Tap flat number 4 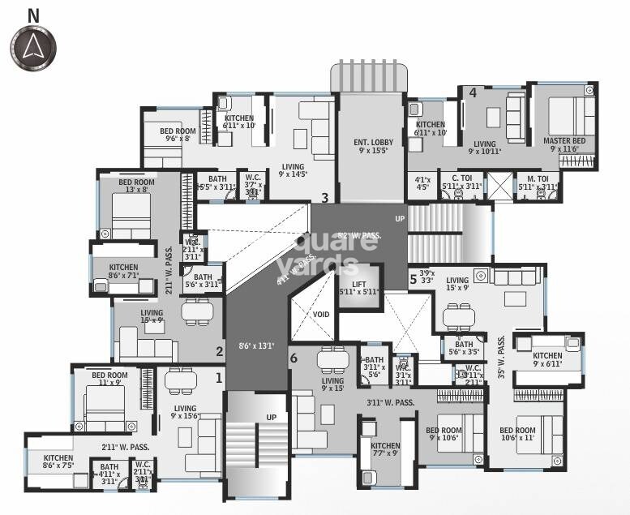[473, 92]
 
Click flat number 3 [324, 196]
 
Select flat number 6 [294, 358]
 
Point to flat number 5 [413, 279]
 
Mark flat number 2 [219, 351]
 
